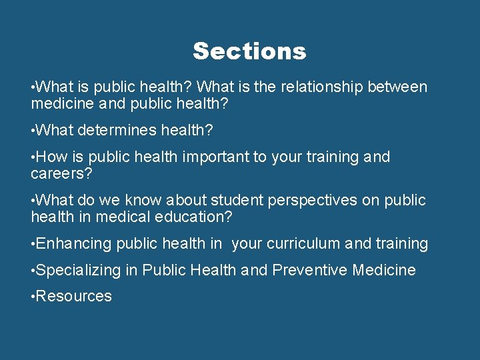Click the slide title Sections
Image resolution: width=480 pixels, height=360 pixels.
[249, 51]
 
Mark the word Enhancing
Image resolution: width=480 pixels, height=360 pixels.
[73, 244]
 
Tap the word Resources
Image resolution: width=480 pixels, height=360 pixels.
[73, 296]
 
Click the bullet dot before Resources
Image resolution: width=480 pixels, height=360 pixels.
[33, 296]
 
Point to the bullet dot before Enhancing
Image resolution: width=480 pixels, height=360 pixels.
[33, 244]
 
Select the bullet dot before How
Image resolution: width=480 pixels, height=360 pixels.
[33, 157]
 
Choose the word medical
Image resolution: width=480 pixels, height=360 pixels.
[122, 217]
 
